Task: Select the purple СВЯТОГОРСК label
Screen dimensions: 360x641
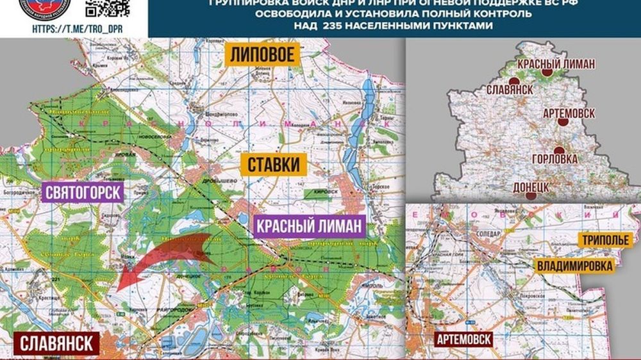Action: (x=83, y=193)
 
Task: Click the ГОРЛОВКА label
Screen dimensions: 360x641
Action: (x=554, y=159)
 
